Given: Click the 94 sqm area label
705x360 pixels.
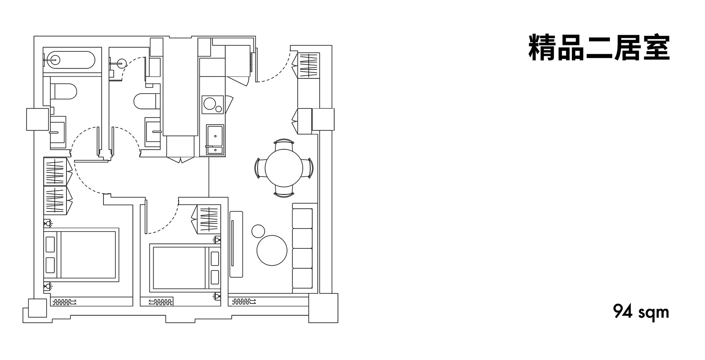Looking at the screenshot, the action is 641,312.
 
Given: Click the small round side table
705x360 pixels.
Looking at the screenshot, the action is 258,231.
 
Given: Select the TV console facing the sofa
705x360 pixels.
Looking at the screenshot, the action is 236,244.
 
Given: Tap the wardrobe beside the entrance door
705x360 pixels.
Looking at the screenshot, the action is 308,65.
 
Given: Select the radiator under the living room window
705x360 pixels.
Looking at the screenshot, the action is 244,302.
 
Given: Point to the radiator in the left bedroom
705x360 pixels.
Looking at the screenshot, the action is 64,302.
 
